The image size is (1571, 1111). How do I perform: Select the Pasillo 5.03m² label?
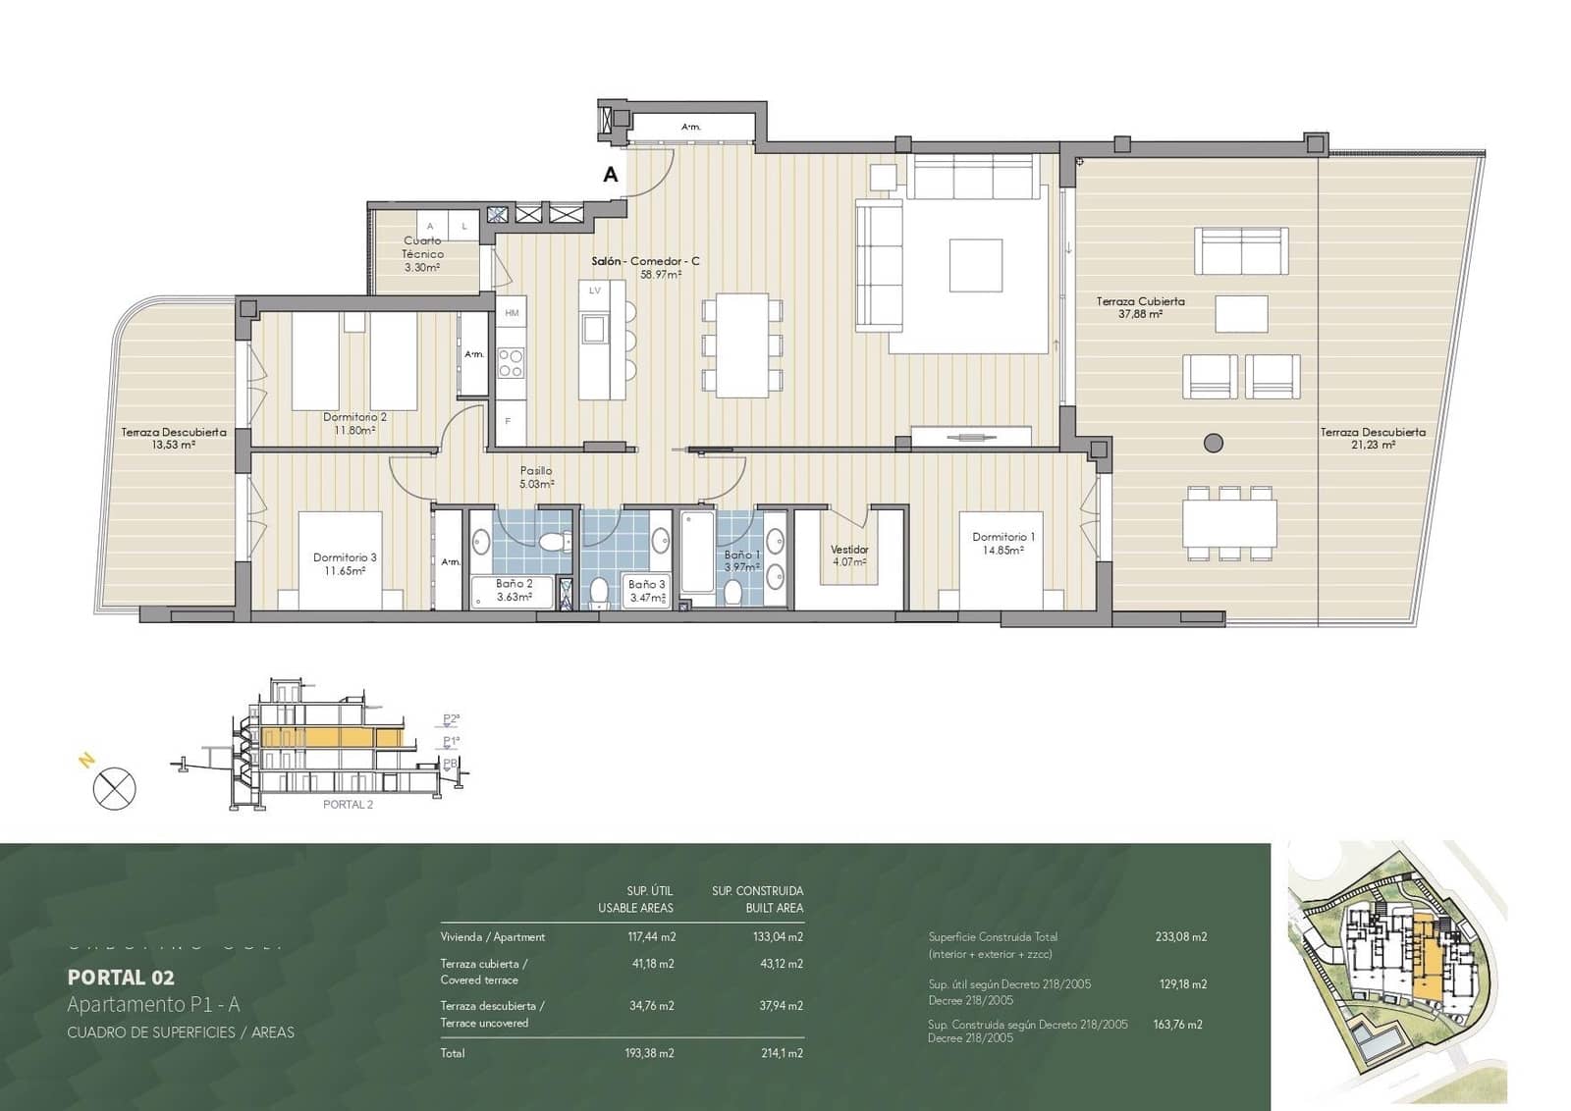536,477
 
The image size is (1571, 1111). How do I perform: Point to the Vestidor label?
849,555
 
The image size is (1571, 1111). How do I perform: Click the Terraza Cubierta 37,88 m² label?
1140,307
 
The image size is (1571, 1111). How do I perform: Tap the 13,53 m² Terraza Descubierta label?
174,438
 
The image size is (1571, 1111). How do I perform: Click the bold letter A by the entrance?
611,175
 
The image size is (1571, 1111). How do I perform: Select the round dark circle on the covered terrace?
1214,443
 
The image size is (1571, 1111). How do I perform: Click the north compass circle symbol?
114,788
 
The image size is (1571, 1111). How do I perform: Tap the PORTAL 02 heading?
121,977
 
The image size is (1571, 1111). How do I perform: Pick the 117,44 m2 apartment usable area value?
651,936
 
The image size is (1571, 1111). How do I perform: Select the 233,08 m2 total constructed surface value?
1180,936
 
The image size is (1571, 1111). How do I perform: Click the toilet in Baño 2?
555,542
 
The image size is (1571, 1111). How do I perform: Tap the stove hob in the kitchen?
511,363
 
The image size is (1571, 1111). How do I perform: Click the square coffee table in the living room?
975,265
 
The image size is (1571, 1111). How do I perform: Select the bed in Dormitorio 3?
340,560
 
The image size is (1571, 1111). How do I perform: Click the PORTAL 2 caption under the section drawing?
348,805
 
